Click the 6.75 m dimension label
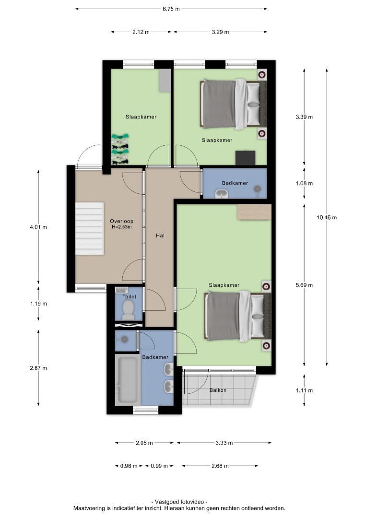tap(171, 9)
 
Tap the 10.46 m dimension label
tap(327, 217)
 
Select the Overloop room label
tap(121, 221)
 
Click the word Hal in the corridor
tap(160, 235)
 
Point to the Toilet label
tap(129, 297)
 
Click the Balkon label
tap(218, 390)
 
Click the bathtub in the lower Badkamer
tap(128, 380)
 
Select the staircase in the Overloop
tap(90, 229)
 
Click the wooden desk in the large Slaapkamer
tap(254, 212)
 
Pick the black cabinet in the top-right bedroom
tap(246, 158)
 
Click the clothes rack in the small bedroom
tap(120, 149)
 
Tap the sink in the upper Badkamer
tap(221, 194)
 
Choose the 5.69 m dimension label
tap(304, 285)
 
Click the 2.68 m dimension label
tap(220, 466)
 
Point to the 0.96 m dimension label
tap(129, 466)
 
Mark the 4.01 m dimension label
tap(38, 227)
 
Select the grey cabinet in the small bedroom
tap(165, 80)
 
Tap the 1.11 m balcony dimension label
tap(304, 390)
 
